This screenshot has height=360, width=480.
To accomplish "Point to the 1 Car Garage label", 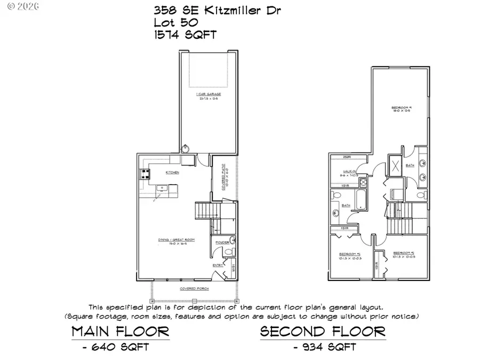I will (x=209, y=94).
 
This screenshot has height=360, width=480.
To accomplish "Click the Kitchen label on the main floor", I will (x=172, y=173).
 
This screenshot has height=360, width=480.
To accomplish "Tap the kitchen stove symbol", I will (x=145, y=173).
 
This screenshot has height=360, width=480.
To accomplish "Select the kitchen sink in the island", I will (x=162, y=187).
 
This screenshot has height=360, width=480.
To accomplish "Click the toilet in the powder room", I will (x=228, y=251).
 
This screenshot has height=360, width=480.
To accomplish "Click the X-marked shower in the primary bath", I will (x=396, y=164).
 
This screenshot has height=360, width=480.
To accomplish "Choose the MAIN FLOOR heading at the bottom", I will (x=121, y=331).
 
